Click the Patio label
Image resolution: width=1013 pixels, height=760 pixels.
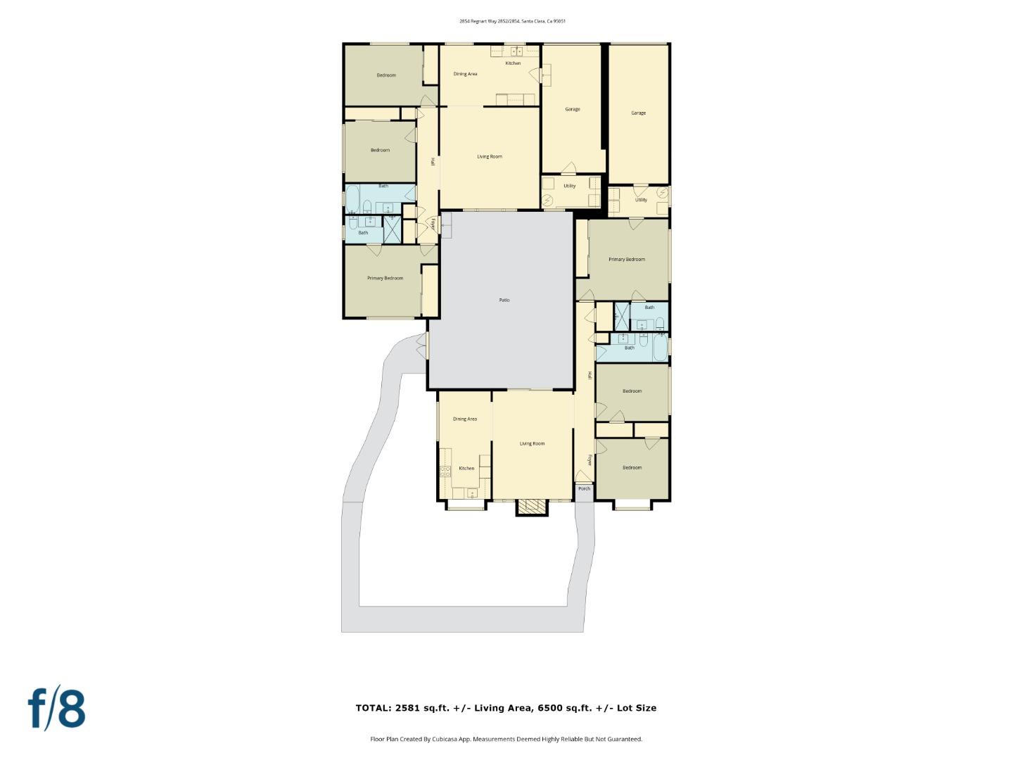click(504, 300)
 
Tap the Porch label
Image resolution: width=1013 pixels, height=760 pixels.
click(584, 488)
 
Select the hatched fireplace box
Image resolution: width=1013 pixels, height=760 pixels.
click(531, 507)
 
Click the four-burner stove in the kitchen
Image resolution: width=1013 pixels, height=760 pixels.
click(445, 471)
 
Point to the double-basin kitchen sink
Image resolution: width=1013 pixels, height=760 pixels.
click(517, 51)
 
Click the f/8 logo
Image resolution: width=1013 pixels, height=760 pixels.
click(57, 709)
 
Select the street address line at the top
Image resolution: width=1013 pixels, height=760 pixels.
click(512, 21)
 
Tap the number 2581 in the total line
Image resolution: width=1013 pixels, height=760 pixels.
click(408, 708)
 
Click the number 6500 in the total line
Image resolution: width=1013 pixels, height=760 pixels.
click(550, 708)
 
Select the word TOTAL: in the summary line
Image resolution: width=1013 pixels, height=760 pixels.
click(374, 708)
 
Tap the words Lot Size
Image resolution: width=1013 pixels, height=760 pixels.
click(636, 708)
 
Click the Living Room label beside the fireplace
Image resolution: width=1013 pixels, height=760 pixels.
click(532, 444)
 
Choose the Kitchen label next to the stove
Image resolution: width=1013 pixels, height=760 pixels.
click(466, 469)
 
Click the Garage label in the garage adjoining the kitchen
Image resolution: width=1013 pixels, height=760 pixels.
click(573, 109)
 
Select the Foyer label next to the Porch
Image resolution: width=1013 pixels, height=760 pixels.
click(589, 460)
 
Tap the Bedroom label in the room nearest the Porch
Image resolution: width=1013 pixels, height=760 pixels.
click(632, 468)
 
